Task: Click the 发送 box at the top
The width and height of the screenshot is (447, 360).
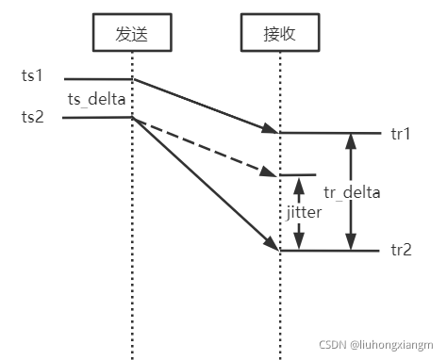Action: click(132, 34)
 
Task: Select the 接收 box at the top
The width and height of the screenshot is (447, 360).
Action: click(279, 34)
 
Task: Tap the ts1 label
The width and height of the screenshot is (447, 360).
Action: click(32, 74)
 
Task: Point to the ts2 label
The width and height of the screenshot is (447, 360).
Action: click(32, 117)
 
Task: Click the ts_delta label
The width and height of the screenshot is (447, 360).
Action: click(96, 98)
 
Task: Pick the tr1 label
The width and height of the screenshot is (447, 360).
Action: click(400, 133)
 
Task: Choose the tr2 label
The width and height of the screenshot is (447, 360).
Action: click(400, 251)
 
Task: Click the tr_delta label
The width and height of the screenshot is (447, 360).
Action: click(353, 192)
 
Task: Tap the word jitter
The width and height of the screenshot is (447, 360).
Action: click(305, 213)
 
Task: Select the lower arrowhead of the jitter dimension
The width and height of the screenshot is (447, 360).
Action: click(300, 243)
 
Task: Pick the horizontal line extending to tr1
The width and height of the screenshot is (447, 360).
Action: click(330, 133)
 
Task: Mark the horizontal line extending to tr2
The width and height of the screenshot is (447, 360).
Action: click(330, 251)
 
